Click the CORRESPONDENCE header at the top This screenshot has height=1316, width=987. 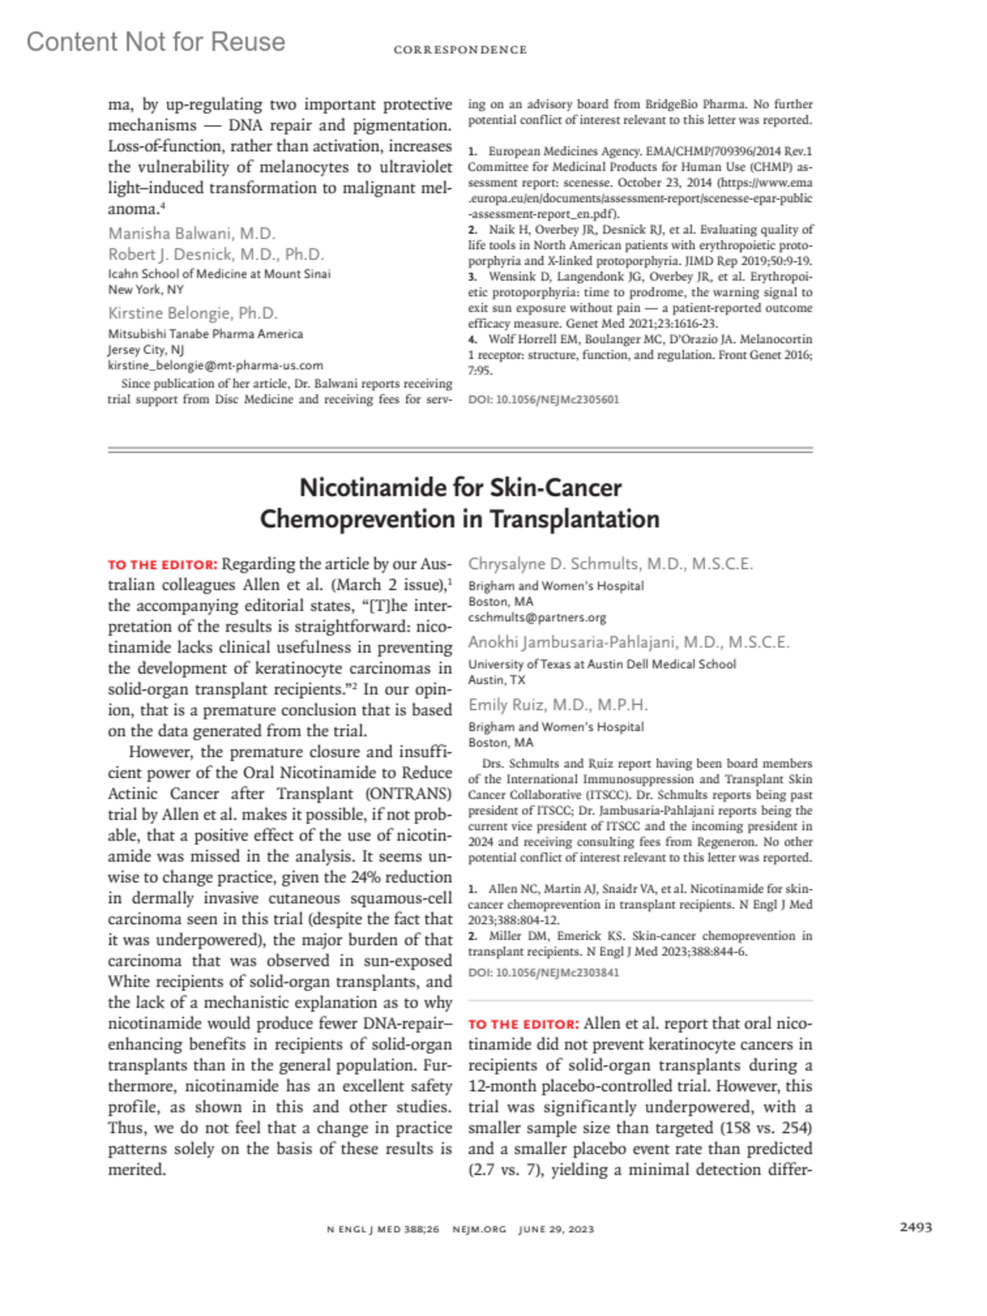click(460, 50)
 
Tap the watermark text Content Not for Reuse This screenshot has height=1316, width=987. click(155, 42)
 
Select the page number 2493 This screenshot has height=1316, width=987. click(915, 1227)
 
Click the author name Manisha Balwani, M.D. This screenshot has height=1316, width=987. click(192, 234)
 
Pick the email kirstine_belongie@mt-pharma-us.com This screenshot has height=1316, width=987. click(215, 365)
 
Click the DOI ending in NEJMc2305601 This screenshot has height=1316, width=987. click(544, 400)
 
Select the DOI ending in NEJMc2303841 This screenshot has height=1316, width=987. click(544, 972)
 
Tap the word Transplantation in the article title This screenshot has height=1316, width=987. click(575, 520)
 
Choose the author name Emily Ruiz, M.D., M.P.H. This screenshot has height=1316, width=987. click(558, 705)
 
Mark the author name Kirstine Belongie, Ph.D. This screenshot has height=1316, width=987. click(193, 313)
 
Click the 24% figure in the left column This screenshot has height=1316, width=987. click(369, 878)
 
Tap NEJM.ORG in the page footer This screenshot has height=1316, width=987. click(480, 1230)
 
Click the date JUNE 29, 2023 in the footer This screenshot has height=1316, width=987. click(556, 1230)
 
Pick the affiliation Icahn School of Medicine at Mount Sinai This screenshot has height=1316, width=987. click(220, 274)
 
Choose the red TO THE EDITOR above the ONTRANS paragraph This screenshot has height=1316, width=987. click(162, 565)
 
